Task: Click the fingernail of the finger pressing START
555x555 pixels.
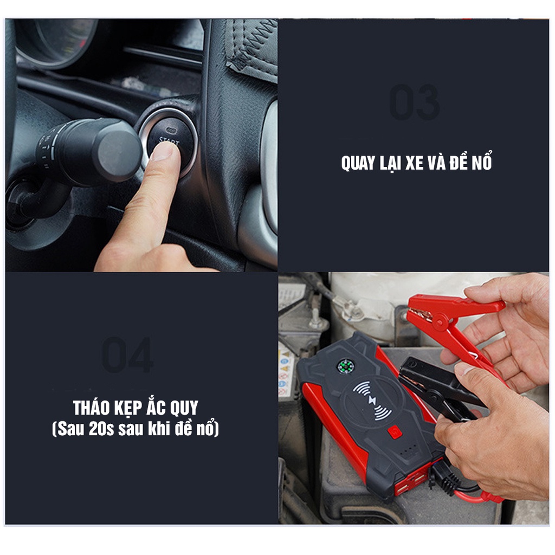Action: click(161, 151)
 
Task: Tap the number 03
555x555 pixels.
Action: click(415, 103)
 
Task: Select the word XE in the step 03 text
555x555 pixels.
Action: click(414, 163)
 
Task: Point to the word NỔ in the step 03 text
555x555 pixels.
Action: click(480, 163)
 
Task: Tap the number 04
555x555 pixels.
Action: click(128, 356)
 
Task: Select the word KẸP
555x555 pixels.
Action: click(132, 408)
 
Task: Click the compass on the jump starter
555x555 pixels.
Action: click(344, 366)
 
